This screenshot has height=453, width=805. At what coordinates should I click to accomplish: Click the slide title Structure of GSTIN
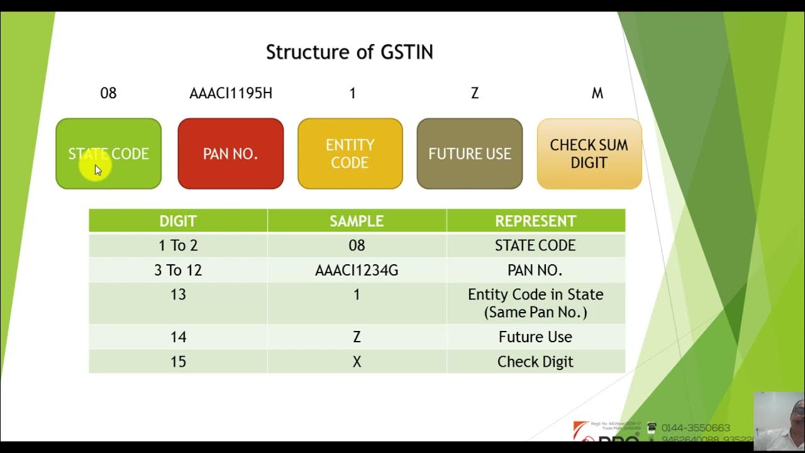click(349, 52)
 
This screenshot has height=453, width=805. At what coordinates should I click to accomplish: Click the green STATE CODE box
click(108, 154)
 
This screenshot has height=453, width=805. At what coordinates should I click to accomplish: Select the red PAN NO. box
click(230, 154)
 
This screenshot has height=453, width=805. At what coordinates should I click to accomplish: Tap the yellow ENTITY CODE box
click(350, 154)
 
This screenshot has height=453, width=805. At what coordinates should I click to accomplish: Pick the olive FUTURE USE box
click(469, 154)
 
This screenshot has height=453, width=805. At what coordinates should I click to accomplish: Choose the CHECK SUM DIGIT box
click(589, 154)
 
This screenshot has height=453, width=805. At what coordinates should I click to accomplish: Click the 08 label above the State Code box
click(108, 93)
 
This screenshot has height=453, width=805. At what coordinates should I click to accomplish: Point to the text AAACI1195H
click(231, 93)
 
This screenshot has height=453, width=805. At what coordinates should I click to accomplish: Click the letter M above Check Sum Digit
click(597, 93)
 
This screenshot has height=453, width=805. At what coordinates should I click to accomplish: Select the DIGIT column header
click(178, 221)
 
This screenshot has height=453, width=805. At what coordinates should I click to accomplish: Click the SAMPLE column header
click(357, 221)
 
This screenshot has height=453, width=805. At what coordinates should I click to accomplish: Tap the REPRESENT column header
click(535, 221)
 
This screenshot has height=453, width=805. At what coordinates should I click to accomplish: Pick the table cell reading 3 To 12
click(178, 270)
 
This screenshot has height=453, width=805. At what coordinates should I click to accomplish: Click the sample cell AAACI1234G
click(357, 270)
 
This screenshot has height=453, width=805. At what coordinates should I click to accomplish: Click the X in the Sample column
click(357, 362)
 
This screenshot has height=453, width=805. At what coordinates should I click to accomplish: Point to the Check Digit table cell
click(535, 362)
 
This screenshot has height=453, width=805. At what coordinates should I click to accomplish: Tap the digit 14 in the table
click(178, 337)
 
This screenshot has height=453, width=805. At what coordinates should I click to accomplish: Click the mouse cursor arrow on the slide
click(97, 170)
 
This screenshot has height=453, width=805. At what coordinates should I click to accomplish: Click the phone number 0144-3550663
click(695, 428)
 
